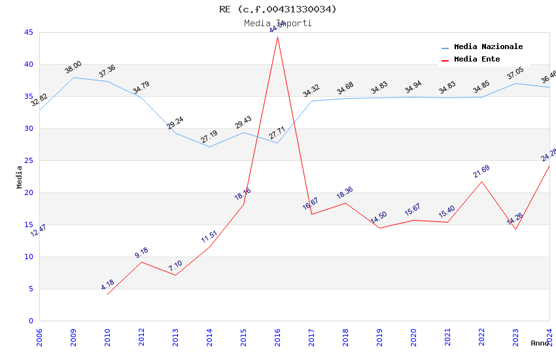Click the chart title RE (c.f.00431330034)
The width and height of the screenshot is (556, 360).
[x=278, y=9]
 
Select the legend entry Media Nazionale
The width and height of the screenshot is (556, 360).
[x=488, y=47]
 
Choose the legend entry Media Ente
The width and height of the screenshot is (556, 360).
[x=477, y=60]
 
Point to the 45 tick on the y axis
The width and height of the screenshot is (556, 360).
[x=28, y=32]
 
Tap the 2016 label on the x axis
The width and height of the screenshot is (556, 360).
[x=277, y=338]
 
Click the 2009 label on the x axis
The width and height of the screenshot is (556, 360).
[x=73, y=338]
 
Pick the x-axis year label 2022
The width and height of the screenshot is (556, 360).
[x=481, y=338]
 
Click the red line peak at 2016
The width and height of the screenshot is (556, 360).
[x=277, y=37]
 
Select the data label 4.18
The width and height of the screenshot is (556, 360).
[x=107, y=285]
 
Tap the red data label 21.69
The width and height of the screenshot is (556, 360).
[x=481, y=171]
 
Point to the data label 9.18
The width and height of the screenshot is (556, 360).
[x=141, y=253]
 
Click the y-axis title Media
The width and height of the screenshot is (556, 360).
[x=20, y=177]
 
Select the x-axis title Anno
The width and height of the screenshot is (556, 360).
[x=540, y=343]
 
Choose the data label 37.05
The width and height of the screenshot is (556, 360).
[x=515, y=73]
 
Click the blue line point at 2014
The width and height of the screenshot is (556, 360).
[x=209, y=147]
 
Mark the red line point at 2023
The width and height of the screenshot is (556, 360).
[x=515, y=229]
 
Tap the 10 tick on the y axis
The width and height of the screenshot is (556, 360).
[x=28, y=257]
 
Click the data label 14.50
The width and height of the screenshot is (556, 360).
[x=379, y=218]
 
